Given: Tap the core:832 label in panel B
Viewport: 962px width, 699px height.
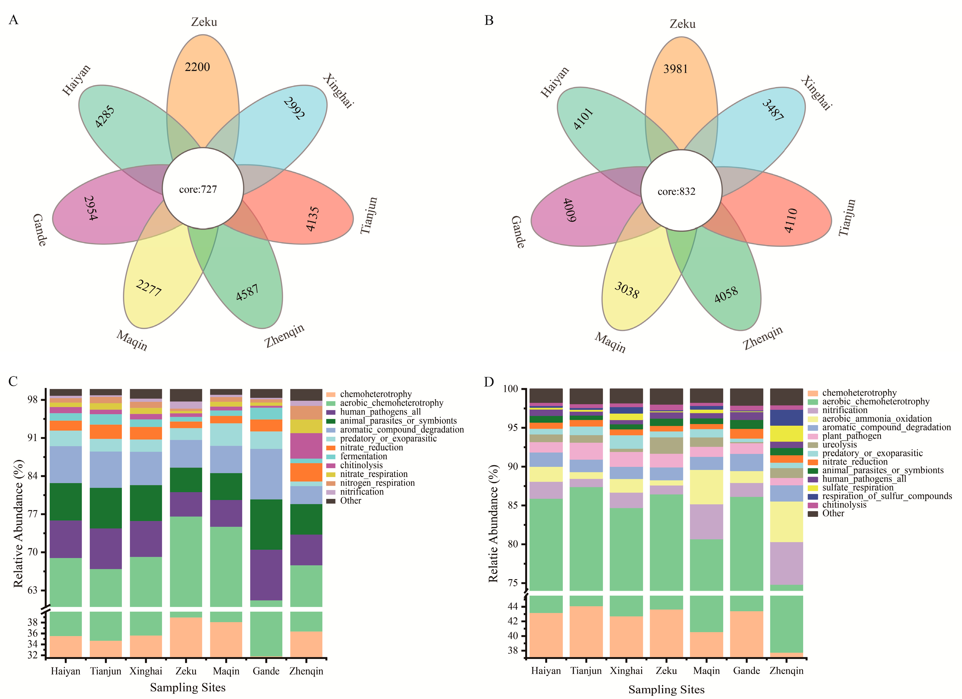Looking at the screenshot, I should tap(677, 191).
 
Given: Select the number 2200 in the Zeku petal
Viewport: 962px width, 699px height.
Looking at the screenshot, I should tap(197, 67).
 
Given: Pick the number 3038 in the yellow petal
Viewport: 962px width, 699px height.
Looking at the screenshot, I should tap(627, 290).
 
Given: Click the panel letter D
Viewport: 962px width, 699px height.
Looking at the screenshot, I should tap(489, 382).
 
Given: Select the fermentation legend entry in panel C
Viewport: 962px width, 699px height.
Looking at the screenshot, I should tap(363, 456).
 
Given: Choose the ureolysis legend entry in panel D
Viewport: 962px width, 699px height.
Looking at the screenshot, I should tap(839, 445).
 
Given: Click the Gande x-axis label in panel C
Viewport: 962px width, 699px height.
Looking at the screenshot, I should tap(266, 671).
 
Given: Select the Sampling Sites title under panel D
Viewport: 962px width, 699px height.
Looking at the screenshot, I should tap(666, 689).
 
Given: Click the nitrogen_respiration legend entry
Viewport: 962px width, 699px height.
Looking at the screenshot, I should tap(377, 483).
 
